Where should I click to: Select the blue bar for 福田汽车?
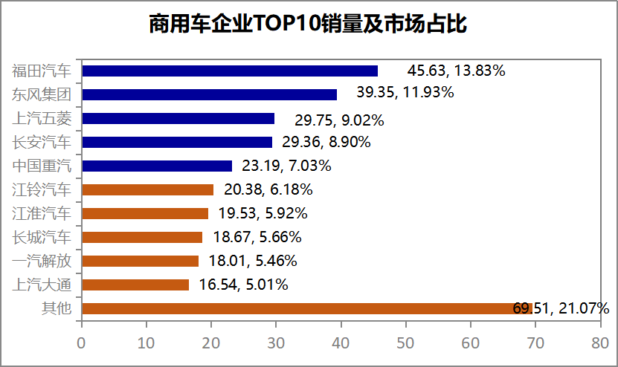click(230, 71)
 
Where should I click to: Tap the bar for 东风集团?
click(209, 94)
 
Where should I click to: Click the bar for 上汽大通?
click(135, 285)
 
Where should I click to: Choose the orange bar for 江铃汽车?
click(147, 189)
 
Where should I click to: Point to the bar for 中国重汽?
click(157, 166)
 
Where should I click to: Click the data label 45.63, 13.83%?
click(457, 71)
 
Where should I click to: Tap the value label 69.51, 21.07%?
click(561, 308)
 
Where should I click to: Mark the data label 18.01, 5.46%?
click(253, 261)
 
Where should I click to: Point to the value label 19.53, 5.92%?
click(263, 213)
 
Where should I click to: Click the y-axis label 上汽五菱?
click(42, 118)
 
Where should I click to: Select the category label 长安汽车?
click(42, 142)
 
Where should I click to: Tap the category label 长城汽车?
click(42, 237)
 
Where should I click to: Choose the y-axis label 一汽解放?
click(42, 261)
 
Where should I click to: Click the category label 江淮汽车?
click(42, 213)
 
